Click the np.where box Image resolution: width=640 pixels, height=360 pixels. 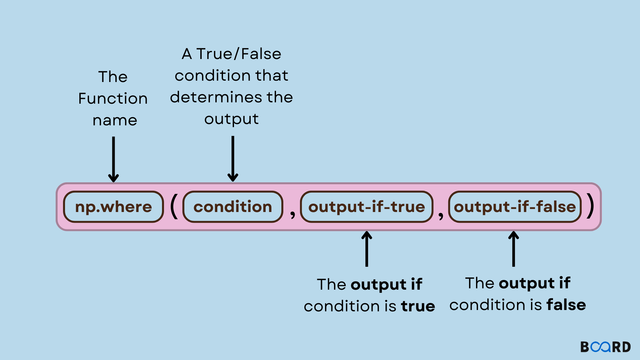pyautogui.click(x=113, y=207)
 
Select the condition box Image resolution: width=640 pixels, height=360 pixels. pyautogui.click(x=233, y=207)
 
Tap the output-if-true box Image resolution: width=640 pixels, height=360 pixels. pyautogui.click(x=367, y=207)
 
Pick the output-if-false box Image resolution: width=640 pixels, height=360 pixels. pyautogui.click(x=515, y=207)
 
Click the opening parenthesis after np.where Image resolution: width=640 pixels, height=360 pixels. pyautogui.click(x=174, y=207)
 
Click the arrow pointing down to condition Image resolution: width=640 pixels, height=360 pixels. pyautogui.click(x=233, y=159)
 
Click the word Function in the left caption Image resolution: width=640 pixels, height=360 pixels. pyautogui.click(x=113, y=99)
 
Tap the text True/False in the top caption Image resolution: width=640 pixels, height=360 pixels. pyautogui.click(x=239, y=54)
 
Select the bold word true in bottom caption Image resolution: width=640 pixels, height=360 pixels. pyautogui.click(x=418, y=306)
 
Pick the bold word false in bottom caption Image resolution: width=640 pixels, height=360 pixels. pyautogui.click(x=566, y=305)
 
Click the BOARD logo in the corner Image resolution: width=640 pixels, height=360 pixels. pyautogui.click(x=605, y=347)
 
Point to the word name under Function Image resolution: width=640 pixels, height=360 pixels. pyautogui.click(x=115, y=120)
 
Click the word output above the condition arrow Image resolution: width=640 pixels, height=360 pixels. pyautogui.click(x=231, y=119)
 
